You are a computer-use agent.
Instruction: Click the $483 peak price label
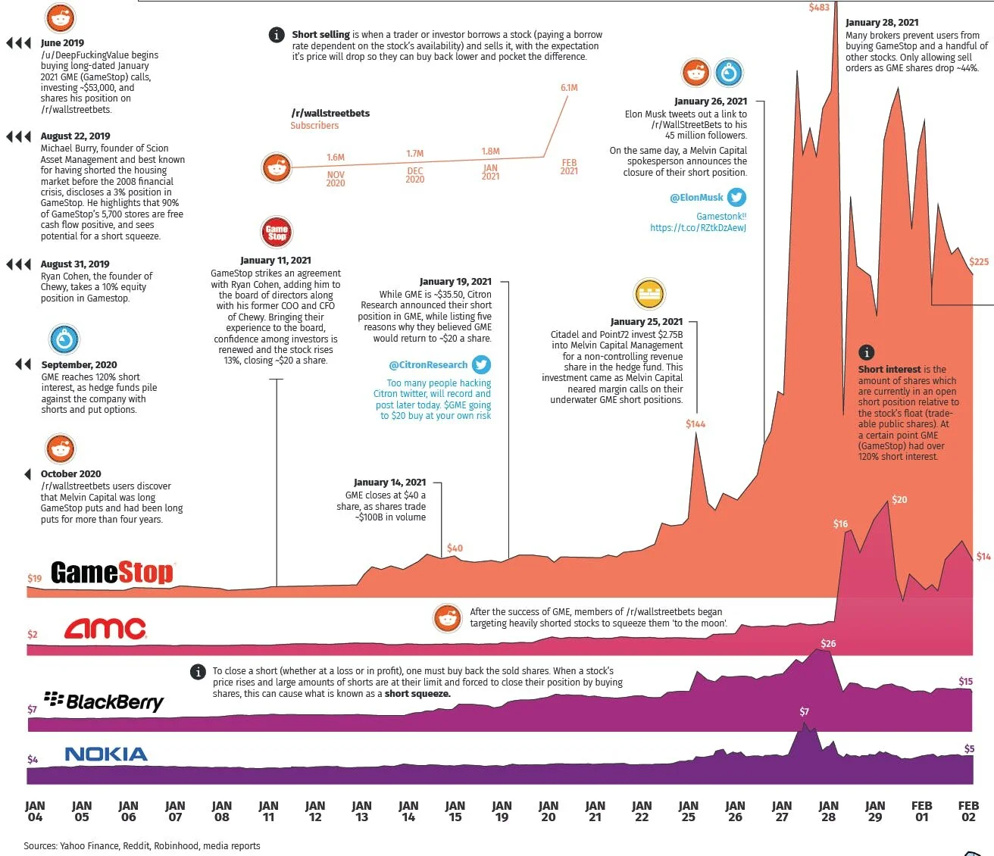pos(819,8)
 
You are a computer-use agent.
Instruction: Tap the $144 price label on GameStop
pos(695,424)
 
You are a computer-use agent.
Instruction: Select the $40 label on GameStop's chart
pos(455,548)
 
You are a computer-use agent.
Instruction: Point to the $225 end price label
pos(979,262)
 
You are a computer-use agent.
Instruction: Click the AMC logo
pos(105,629)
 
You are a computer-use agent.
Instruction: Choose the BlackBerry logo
pos(104,701)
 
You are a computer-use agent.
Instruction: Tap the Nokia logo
pos(106,754)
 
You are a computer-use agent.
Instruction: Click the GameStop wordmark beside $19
pos(112,573)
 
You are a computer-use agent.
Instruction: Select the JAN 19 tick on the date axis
pos(502,811)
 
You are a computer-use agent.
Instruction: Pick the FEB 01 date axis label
pos(921,811)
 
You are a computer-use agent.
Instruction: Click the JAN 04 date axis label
pos(35,811)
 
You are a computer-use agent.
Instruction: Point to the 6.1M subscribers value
pos(569,88)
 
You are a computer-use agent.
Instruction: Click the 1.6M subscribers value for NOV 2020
pos(336,158)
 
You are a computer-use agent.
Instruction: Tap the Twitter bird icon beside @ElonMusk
pos(736,198)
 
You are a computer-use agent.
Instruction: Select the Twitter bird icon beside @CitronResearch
pos(481,365)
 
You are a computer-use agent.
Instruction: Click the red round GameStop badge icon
pos(277,232)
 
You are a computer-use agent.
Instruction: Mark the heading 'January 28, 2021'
pos(882,23)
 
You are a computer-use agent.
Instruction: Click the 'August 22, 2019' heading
pos(75,136)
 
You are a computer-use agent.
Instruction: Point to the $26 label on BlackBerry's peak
pos(828,644)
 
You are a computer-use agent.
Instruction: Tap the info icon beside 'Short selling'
pos(277,35)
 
